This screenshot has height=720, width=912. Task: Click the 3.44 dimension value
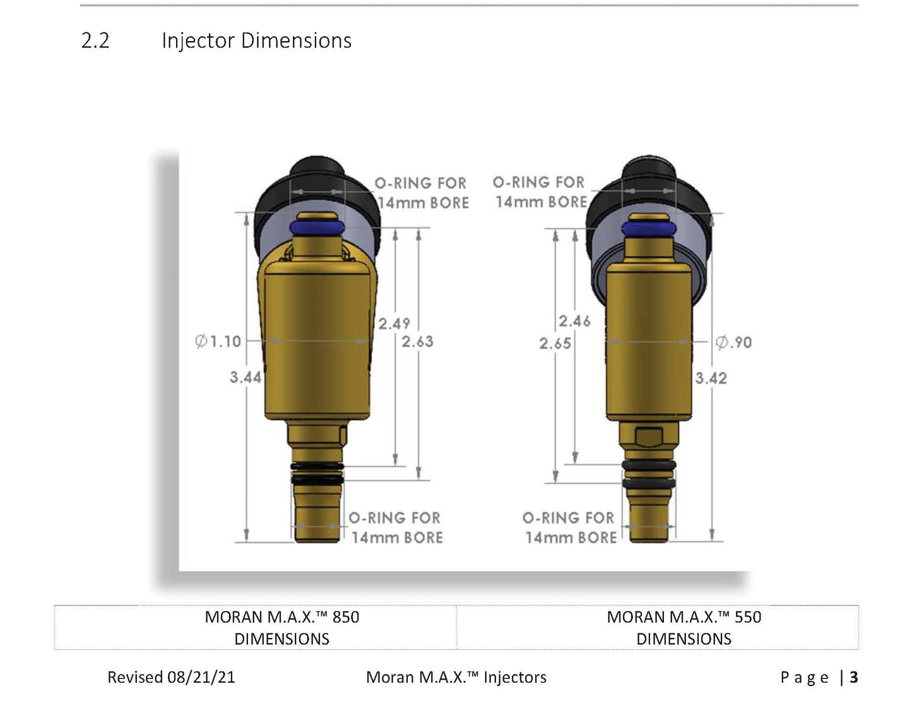[246, 377]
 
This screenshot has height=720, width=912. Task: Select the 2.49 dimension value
[394, 324]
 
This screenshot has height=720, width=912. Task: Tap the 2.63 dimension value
[417, 342]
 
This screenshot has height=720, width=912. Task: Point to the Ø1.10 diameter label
[218, 341]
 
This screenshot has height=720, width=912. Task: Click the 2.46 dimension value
[575, 321]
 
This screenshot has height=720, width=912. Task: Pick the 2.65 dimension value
[555, 344]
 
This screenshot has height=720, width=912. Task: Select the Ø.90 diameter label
[733, 342]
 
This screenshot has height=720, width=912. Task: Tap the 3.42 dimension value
[711, 378]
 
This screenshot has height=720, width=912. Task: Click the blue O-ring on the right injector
[649, 229]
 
